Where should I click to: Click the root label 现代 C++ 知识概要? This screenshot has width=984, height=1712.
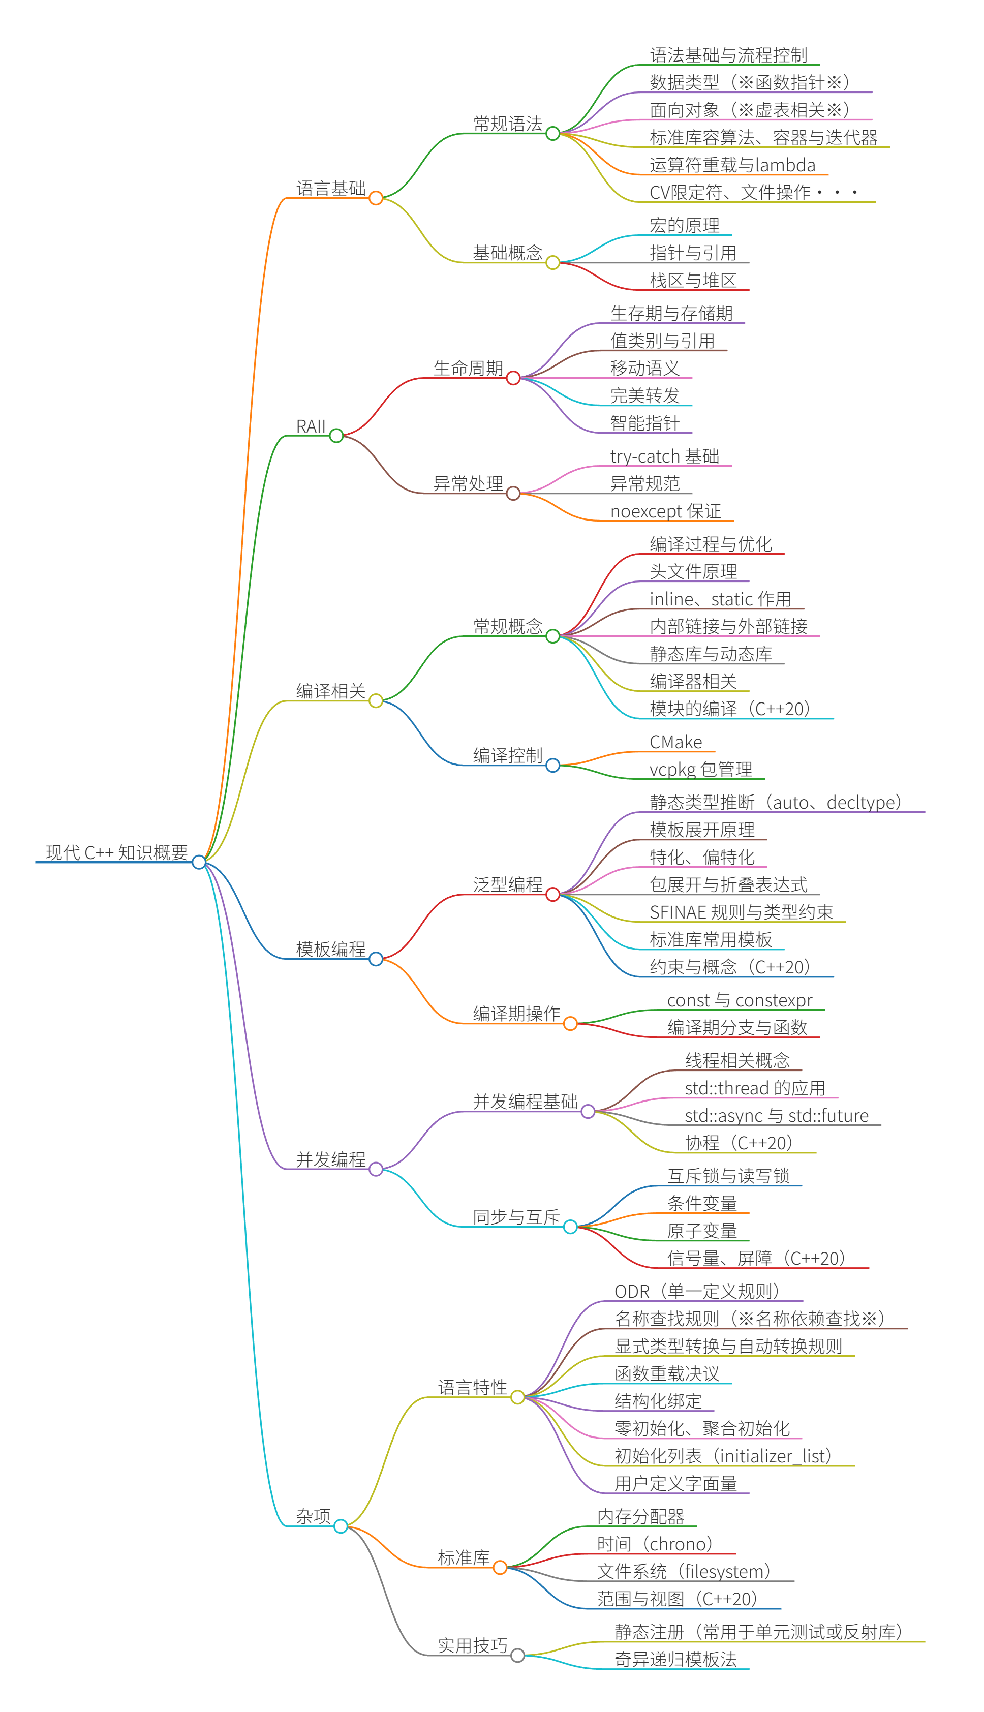[116, 852]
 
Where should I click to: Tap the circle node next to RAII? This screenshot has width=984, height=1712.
[336, 436]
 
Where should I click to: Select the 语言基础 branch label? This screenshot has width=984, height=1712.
[330, 189]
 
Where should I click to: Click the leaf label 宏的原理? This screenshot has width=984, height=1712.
[684, 225]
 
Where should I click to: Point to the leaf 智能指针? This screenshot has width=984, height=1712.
[645, 423]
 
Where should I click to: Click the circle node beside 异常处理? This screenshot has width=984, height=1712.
[513, 494]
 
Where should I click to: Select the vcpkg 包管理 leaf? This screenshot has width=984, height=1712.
[700, 770]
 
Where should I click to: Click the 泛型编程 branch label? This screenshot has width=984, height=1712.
[508, 885]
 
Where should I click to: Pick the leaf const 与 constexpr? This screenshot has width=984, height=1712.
[740, 1000]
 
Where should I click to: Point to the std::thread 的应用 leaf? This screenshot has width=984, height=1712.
[754, 1088]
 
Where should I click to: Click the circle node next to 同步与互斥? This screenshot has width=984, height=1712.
[570, 1227]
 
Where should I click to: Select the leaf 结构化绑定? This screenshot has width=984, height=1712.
[658, 1401]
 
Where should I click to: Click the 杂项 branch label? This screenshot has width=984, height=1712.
[313, 1516]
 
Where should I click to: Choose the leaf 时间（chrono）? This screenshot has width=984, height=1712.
[655, 1544]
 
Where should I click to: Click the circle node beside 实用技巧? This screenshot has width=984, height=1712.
[518, 1655]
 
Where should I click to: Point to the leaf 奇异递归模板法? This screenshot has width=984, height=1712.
[675, 1659]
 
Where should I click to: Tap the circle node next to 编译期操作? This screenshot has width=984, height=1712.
[570, 1024]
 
